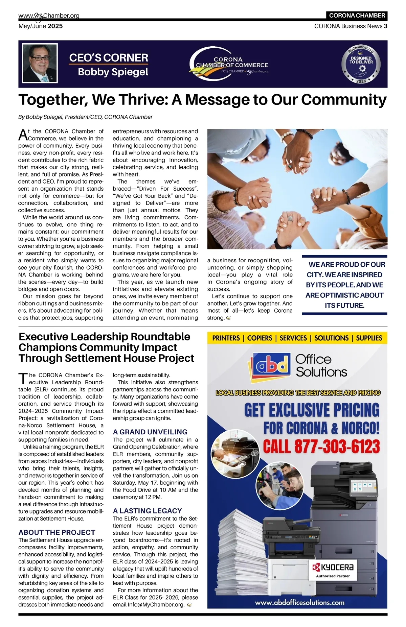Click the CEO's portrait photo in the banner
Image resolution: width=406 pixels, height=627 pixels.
point(40,63)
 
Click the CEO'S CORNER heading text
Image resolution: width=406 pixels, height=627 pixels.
point(109,58)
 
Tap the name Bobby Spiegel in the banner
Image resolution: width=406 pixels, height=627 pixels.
point(113,72)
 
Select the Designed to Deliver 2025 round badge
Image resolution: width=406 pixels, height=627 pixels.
point(361,64)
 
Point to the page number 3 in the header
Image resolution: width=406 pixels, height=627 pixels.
point(385,26)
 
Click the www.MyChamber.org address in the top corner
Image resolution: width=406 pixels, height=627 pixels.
point(49,16)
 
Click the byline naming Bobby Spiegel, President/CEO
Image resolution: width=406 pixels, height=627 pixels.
point(85,117)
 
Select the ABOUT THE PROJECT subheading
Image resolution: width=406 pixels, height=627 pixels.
point(57,532)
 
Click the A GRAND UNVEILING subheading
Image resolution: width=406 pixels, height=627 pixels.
point(150,432)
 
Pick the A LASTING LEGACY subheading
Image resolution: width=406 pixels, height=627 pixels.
point(147,510)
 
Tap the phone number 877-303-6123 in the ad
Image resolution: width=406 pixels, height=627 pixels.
point(321,447)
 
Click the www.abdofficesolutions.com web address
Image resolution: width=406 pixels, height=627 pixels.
point(299,602)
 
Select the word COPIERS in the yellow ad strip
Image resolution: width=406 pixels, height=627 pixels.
point(260,338)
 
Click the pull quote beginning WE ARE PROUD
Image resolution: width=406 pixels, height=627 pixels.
point(344,285)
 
